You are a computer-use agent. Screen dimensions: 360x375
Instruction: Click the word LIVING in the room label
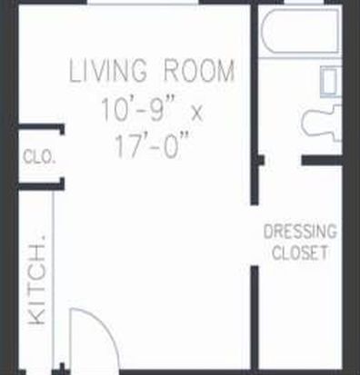coord(108,71)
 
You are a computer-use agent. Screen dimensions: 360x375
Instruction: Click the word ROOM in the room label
coord(199,71)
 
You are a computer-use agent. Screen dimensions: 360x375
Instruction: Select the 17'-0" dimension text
coord(152,145)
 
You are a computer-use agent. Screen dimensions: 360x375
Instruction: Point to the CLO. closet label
coord(39,157)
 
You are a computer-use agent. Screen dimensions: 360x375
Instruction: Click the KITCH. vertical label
coord(37,281)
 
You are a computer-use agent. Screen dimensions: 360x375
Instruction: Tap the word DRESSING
coord(300,232)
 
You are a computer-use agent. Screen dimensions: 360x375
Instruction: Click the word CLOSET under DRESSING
coord(300,252)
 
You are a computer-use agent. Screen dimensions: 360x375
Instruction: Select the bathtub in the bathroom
coord(300,31)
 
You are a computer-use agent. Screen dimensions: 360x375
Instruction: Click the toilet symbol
coord(322,123)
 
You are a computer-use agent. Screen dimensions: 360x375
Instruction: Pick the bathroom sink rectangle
coord(331,82)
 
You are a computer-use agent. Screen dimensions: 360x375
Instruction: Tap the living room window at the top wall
coord(145,4)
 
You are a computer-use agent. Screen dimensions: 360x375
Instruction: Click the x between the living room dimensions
coord(197,113)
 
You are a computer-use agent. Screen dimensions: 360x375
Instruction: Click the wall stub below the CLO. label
coord(41,185)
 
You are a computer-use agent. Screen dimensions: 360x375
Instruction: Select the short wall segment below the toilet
coord(322,161)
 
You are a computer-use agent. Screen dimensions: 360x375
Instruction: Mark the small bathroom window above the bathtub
coord(304,3)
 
